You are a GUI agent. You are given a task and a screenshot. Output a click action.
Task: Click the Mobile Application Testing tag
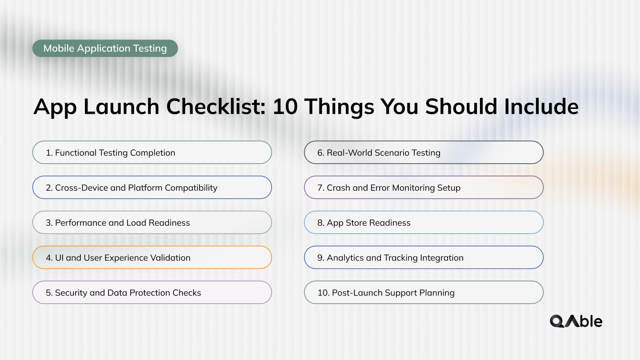105,48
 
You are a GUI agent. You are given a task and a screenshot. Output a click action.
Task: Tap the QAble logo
576,321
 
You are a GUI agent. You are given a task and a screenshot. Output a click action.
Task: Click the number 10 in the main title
284,107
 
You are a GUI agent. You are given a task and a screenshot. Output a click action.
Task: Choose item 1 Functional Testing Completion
152,152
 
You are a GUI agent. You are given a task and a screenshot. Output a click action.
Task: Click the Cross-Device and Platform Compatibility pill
152,188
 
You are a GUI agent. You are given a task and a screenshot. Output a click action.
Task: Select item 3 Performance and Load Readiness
152,223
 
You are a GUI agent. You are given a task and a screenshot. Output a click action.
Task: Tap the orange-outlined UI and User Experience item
152,258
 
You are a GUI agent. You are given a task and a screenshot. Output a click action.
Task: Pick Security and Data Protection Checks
152,293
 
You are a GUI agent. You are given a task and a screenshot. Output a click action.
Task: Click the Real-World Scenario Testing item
423,152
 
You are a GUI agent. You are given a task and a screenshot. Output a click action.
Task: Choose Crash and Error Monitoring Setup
423,188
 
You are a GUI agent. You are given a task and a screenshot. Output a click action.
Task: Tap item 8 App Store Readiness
423,223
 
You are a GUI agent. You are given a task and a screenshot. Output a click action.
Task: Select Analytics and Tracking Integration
423,258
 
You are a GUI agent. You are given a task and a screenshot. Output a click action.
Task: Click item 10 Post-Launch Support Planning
423,293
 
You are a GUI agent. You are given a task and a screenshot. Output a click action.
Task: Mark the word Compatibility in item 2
191,188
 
